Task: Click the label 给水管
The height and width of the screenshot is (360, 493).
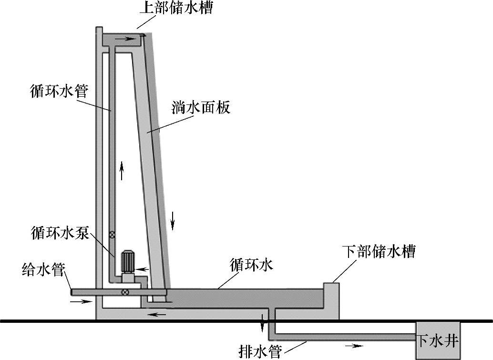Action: pos(43,271)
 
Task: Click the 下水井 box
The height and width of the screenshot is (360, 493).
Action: pos(438,341)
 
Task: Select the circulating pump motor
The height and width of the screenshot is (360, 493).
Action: pos(128,262)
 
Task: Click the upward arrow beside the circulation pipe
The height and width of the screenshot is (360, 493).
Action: pos(122,170)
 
